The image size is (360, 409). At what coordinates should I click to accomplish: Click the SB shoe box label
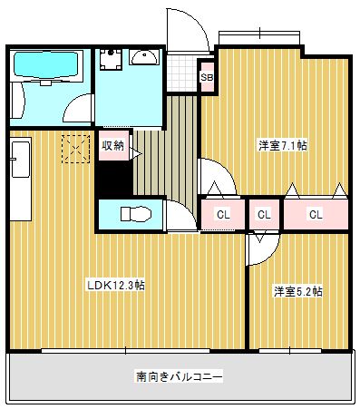click(x=207, y=78)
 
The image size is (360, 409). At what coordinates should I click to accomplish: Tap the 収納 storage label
click(x=113, y=145)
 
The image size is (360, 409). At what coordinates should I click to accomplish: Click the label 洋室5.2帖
click(x=298, y=291)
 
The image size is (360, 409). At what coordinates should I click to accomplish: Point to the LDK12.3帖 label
click(x=115, y=285)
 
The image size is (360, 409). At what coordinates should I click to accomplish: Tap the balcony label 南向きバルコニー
click(x=180, y=375)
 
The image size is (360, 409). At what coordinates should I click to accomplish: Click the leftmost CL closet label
click(x=222, y=215)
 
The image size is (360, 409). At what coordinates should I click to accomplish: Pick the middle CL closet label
click(x=264, y=215)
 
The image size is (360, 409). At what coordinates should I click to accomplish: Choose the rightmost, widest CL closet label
click(x=316, y=215)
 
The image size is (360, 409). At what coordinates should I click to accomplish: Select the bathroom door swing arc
click(x=76, y=107)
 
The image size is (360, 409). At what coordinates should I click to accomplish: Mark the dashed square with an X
click(x=75, y=149)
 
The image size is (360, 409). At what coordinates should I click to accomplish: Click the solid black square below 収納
click(x=113, y=179)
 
